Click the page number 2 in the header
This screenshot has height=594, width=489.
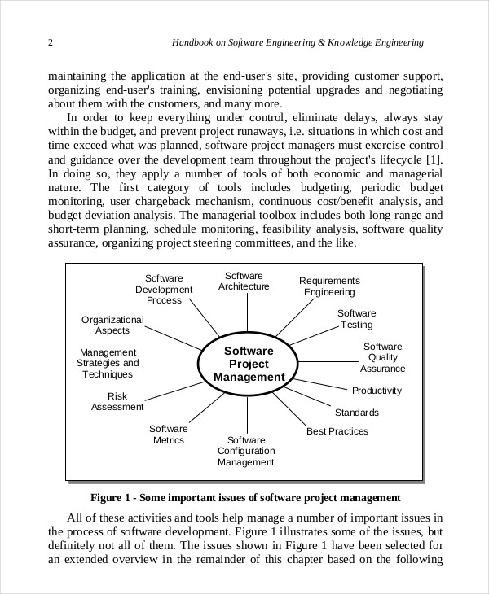click(51, 42)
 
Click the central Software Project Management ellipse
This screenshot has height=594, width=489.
click(249, 364)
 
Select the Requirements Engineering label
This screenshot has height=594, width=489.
click(329, 286)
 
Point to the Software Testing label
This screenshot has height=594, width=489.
click(357, 319)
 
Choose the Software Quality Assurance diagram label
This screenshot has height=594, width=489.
click(382, 357)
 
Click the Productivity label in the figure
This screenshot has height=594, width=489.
click(377, 391)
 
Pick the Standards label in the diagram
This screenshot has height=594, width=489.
click(356, 413)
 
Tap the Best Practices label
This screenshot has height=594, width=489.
click(337, 431)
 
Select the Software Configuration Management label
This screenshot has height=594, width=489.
click(246, 451)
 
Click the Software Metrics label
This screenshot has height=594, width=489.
click(169, 435)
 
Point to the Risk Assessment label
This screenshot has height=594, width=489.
click(117, 401)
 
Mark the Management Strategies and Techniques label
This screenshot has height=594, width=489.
click(108, 363)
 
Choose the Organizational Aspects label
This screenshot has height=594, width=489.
click(112, 325)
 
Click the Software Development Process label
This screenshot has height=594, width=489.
click(164, 289)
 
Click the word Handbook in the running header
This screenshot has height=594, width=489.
click(195, 42)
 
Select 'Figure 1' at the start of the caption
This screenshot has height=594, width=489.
click(110, 497)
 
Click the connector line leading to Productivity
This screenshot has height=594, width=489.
click(324, 385)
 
